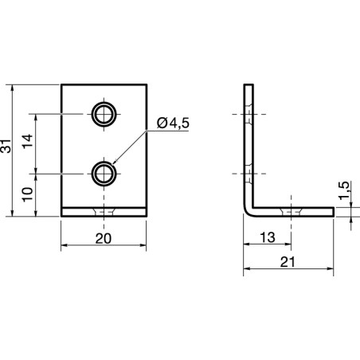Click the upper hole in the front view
pos(104,114)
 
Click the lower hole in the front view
pos(104,172)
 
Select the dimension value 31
pos(7,147)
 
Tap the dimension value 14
pos(27,143)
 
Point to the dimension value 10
pos(27,194)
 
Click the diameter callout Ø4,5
pos(174,123)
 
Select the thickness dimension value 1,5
pos(343,191)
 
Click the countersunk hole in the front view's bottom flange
pos(104,212)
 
